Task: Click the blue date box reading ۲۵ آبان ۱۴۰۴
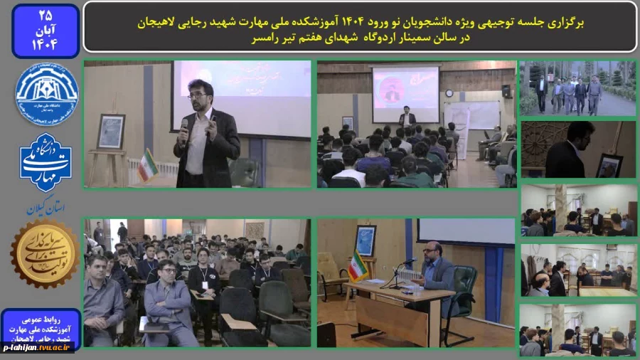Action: pos(46,31)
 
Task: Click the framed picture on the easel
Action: pos(111,131)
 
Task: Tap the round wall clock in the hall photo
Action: pos(449,92)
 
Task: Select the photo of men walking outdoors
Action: pos(577,88)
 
